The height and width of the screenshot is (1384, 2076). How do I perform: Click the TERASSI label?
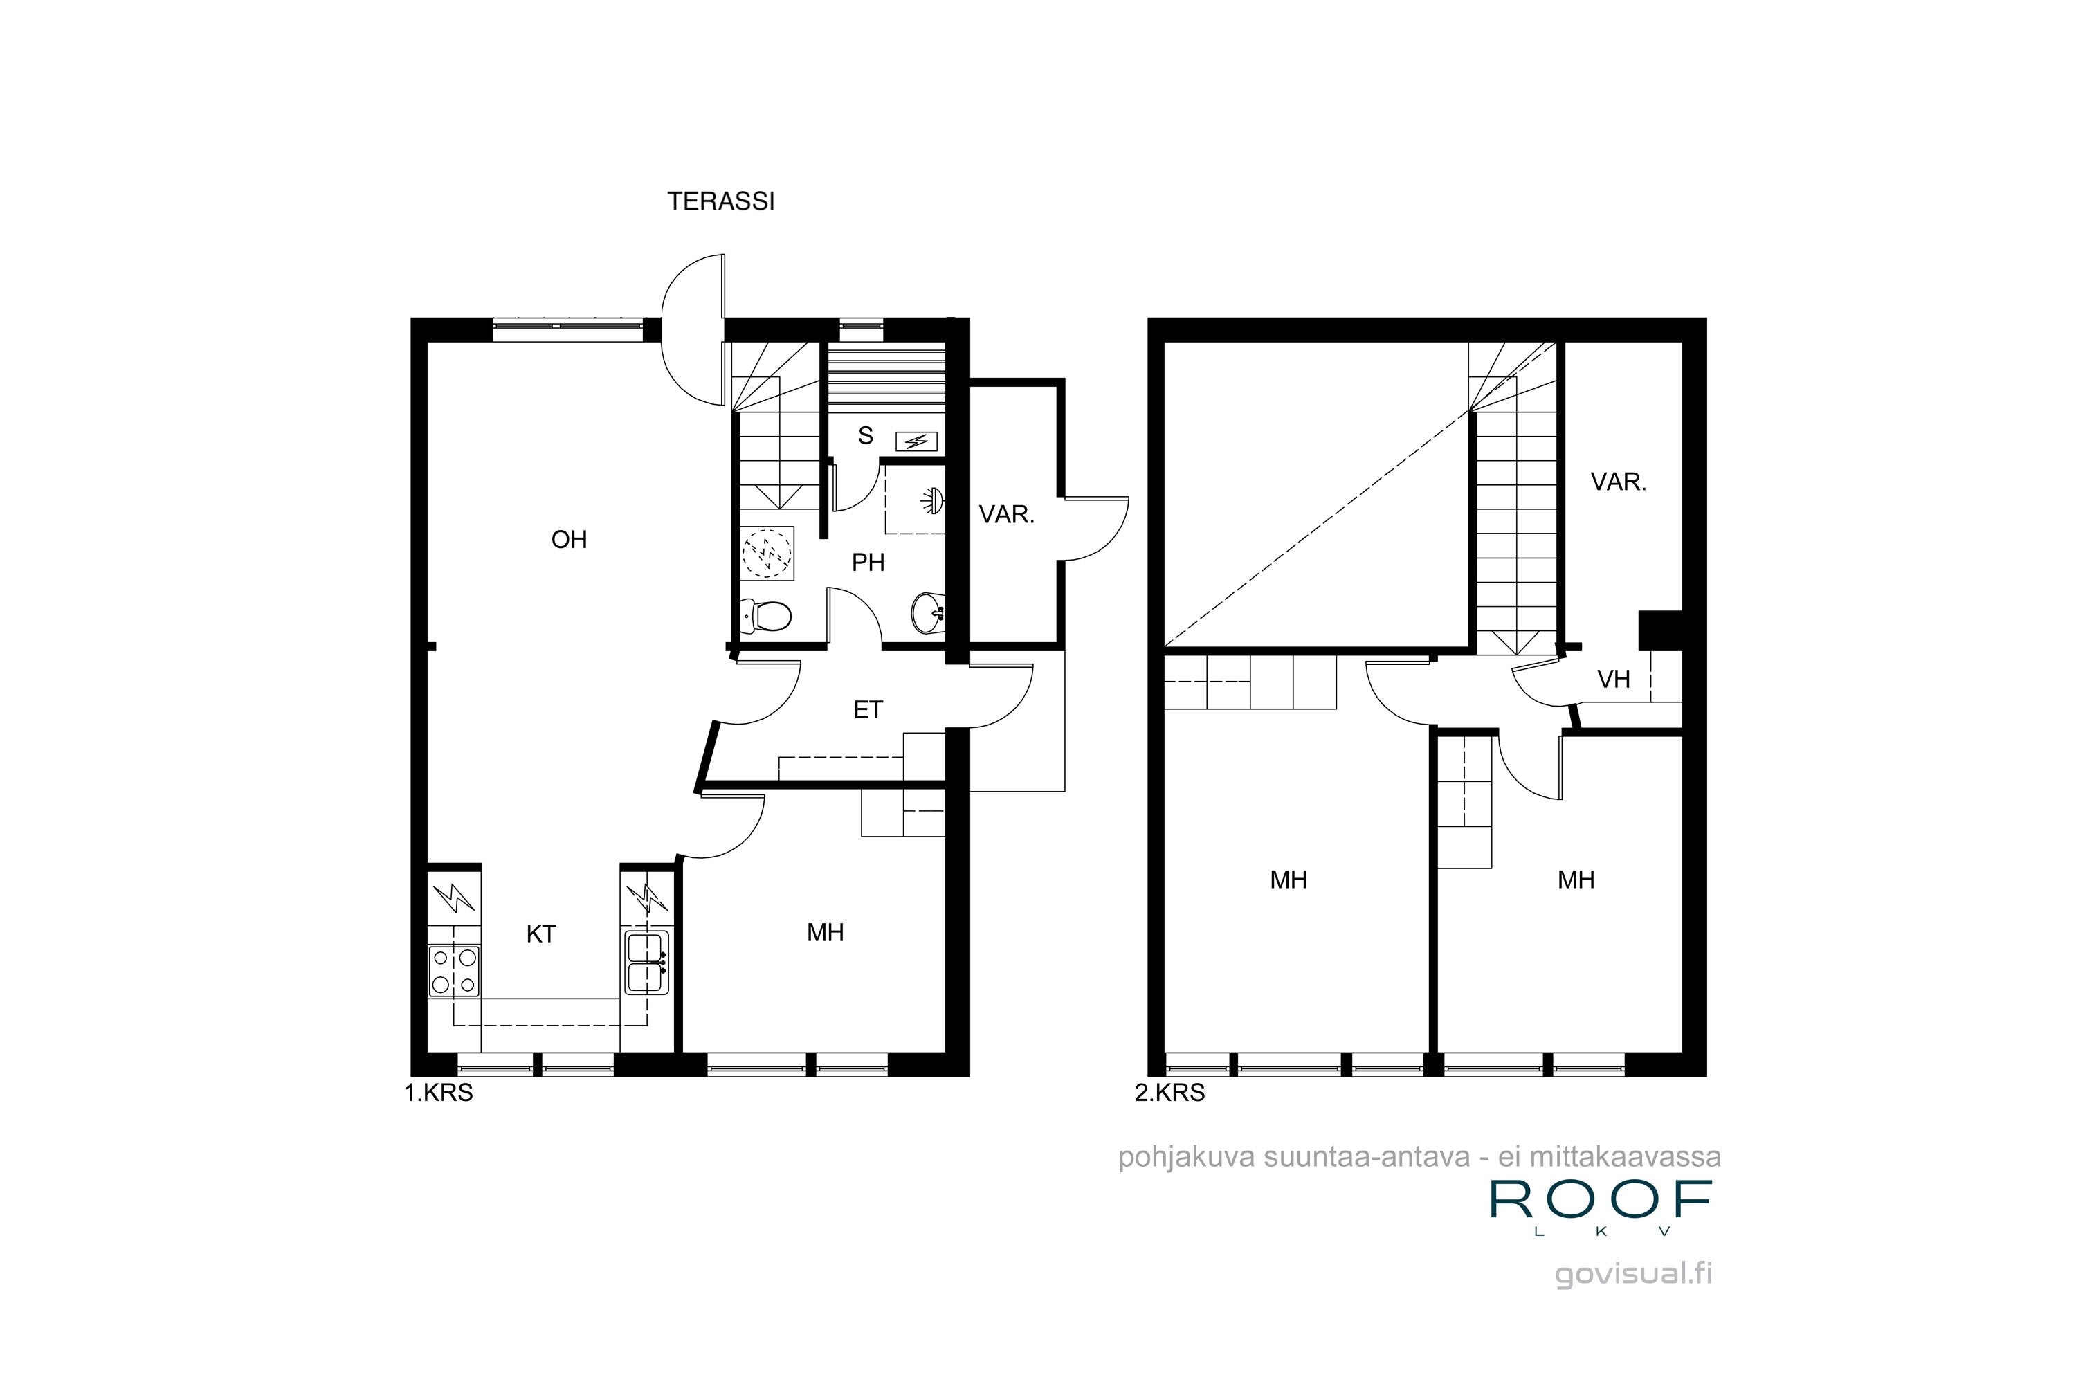click(x=720, y=201)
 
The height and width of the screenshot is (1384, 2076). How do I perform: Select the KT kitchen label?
click(x=540, y=934)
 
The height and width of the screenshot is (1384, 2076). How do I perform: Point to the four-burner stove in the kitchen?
click(x=454, y=971)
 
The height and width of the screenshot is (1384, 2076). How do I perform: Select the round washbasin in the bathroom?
click(x=929, y=612)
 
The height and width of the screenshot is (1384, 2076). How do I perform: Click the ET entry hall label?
click(x=868, y=711)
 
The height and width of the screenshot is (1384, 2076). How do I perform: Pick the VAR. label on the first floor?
click(x=1006, y=515)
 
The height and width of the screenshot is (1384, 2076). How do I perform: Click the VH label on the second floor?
click(x=1614, y=680)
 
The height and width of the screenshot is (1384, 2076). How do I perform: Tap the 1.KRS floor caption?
click(x=439, y=1093)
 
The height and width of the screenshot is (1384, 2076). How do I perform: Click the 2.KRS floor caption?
click(x=1169, y=1093)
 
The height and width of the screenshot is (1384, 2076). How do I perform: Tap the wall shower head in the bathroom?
click(x=932, y=501)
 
